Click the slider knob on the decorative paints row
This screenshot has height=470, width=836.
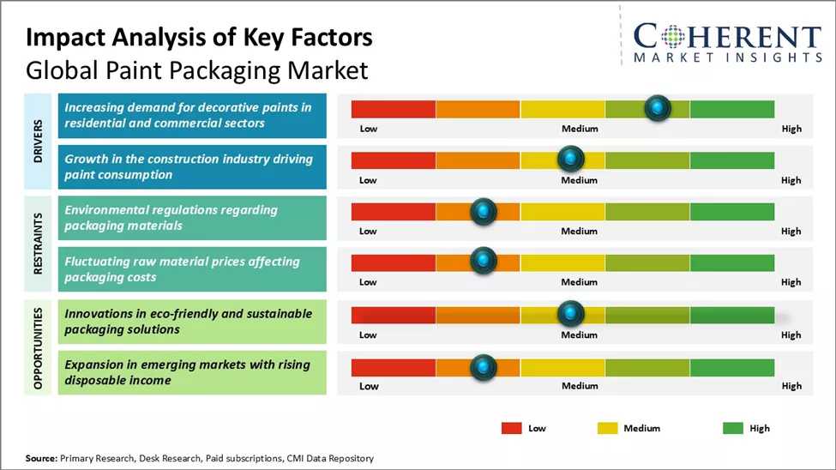[658, 108]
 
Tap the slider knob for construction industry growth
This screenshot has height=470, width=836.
[570, 159]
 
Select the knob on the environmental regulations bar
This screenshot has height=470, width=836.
[484, 211]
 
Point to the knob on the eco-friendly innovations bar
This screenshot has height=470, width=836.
[570, 313]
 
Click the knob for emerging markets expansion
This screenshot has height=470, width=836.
[484, 367]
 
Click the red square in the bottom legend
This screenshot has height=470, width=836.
[512, 428]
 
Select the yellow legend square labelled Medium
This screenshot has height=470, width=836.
[607, 428]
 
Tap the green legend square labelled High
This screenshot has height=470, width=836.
[733, 428]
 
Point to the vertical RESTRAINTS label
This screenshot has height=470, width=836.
[39, 243]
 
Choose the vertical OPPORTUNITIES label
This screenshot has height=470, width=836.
[39, 346]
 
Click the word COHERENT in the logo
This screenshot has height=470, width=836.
[727, 37]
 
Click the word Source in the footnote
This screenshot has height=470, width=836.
[40, 459]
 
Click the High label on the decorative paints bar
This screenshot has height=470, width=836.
[791, 129]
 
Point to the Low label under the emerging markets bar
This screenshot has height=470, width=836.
[369, 386]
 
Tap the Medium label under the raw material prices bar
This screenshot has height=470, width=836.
[580, 282]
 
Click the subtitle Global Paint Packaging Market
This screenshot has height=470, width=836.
[196, 69]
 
